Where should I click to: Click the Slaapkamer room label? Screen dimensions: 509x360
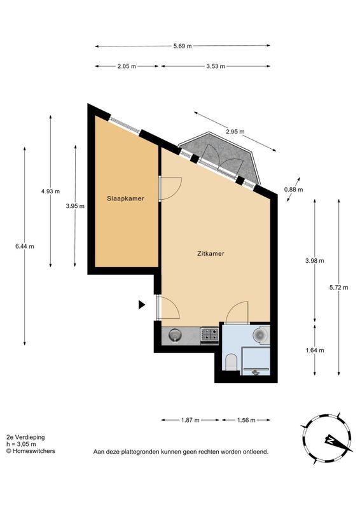[x=125, y=199]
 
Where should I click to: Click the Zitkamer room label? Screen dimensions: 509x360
[x=211, y=253]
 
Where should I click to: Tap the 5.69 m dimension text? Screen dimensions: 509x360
[x=183, y=46]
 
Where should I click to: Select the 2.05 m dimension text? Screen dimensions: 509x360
[x=127, y=66]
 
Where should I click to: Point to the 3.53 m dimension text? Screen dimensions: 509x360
[x=215, y=66]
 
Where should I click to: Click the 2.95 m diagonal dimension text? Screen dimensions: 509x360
[x=235, y=132]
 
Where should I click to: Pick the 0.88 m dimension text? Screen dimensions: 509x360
[x=293, y=190]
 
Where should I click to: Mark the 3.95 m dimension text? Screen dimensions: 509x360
[x=75, y=206]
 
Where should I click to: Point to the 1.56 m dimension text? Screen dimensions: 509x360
[x=246, y=420]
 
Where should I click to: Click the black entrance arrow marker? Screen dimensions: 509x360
[x=142, y=305]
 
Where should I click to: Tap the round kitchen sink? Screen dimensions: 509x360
[x=175, y=335]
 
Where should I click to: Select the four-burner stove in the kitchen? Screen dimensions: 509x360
[x=209, y=335]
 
